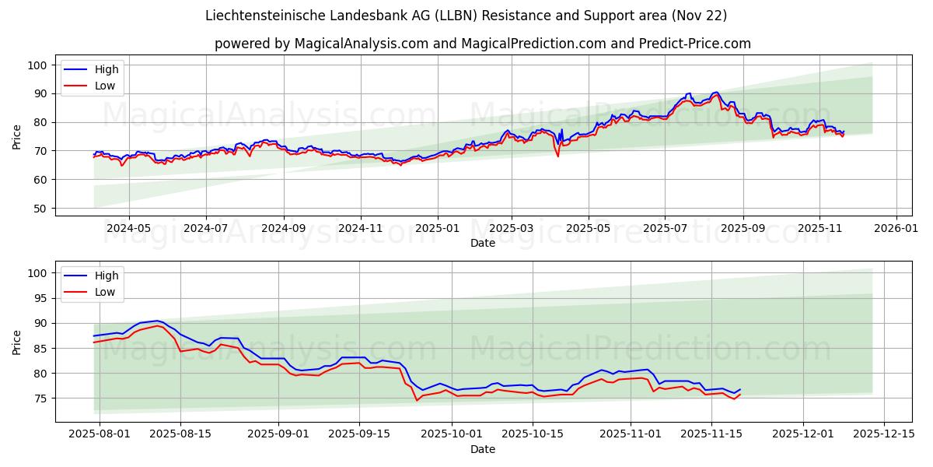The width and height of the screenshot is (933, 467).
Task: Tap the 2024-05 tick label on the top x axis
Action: (128, 230)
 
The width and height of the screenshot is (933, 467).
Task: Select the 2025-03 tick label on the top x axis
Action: (511, 230)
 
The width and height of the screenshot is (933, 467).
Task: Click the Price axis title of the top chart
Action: (17, 136)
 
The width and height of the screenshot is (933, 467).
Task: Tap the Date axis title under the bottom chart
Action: (482, 450)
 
